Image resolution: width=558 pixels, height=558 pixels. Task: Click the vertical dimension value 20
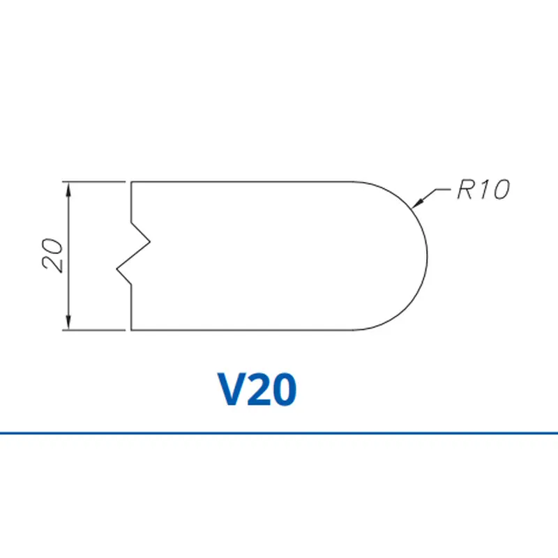(53, 255)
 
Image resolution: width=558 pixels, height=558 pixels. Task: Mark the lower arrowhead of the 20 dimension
(68, 324)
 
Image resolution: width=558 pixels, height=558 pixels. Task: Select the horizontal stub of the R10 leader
(442, 189)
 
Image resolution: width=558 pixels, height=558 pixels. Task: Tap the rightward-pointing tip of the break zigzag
(150, 243)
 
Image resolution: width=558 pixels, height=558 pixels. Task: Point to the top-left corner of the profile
(132, 181)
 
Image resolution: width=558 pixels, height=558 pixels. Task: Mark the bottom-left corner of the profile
(132, 329)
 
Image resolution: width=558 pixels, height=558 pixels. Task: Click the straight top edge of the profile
(244, 181)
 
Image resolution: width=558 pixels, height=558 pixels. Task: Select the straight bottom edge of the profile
(244, 329)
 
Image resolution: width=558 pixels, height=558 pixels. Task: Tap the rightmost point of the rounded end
(427, 255)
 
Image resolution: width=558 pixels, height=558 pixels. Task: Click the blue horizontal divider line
(279, 433)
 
